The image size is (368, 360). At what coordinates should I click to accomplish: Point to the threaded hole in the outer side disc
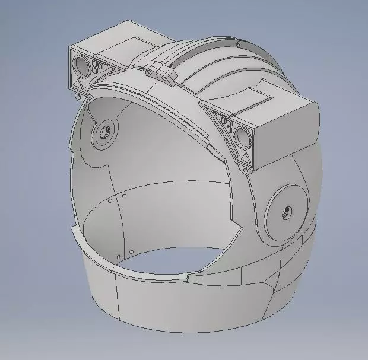tap(287, 211)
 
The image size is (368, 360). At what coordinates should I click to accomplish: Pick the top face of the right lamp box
tap(267, 101)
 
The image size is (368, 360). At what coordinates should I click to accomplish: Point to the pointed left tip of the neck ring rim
tap(71, 228)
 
